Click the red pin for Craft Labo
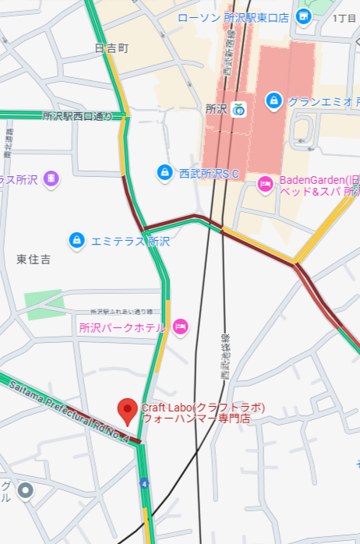pyautogui.click(x=128, y=411)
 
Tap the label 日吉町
pyautogui.click(x=111, y=48)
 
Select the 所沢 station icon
pyautogui.click(x=238, y=109)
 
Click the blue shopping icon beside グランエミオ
pyautogui.click(x=274, y=101)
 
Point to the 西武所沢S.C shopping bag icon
pyautogui.click(x=164, y=172)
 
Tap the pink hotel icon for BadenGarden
pyautogui.click(x=265, y=185)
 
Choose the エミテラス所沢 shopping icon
pyautogui.click(x=76, y=240)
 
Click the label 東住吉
pyautogui.click(x=34, y=259)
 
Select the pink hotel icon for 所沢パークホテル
pyautogui.click(x=181, y=327)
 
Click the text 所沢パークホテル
pyautogui.click(x=122, y=328)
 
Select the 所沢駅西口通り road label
pyautogui.click(x=78, y=116)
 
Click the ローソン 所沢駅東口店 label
pyautogui.click(x=233, y=17)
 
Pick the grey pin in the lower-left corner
pyautogui.click(x=26, y=491)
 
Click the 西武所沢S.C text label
pyautogui.click(x=209, y=173)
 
